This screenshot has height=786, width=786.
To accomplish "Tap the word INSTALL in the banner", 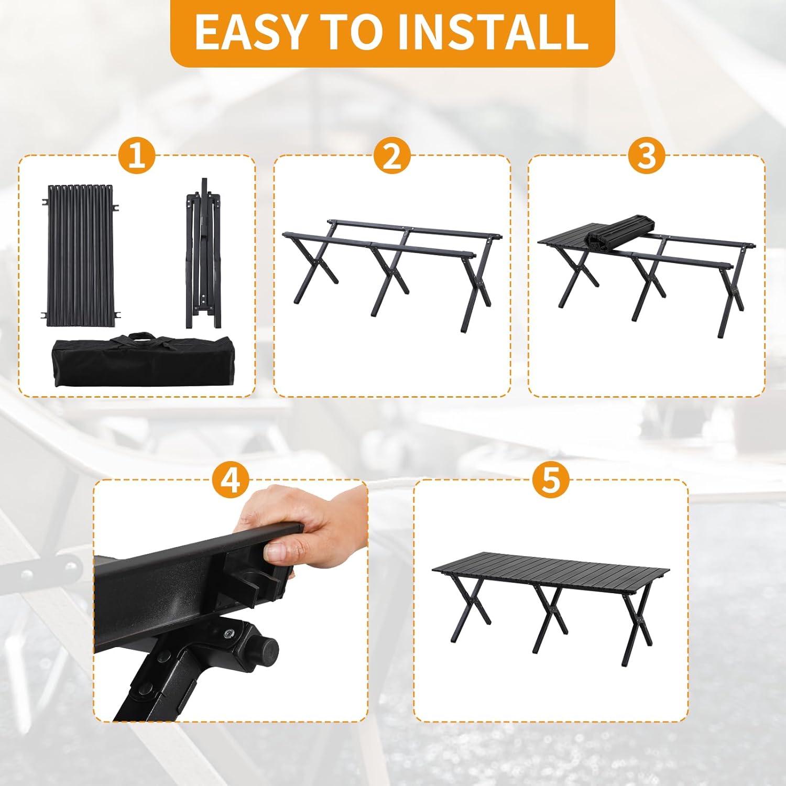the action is (x=493, y=32).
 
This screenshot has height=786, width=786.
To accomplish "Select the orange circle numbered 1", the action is (x=136, y=156).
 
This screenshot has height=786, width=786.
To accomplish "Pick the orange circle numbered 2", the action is (x=392, y=156).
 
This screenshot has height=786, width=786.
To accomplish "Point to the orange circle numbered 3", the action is (x=647, y=156).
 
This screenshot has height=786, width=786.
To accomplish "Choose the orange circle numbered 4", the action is (x=231, y=479).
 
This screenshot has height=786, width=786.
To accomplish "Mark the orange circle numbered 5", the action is (x=551, y=479).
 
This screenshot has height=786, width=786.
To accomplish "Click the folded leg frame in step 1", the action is (x=203, y=254).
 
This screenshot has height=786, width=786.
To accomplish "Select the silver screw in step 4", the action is (x=229, y=634).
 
